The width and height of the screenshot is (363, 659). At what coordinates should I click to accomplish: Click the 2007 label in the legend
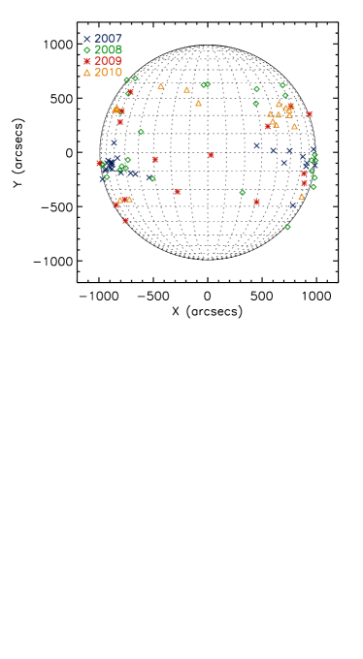point(108,39)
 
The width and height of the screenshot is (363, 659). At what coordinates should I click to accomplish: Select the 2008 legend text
point(108,49)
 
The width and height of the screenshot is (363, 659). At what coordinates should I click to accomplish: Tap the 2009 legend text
point(108,61)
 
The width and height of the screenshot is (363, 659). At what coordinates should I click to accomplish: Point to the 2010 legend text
point(108,73)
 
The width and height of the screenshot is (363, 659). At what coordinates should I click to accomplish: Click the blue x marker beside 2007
point(86,39)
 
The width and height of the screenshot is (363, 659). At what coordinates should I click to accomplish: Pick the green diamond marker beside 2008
point(86,50)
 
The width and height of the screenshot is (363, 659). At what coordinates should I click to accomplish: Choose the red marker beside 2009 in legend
point(86,61)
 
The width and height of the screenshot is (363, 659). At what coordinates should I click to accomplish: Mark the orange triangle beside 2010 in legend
point(86,73)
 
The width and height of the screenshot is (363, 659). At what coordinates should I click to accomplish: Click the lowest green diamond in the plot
point(287,227)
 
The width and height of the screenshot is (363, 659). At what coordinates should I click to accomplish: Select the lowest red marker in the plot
point(125,221)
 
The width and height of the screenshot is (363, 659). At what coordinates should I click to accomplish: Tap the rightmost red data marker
point(310,114)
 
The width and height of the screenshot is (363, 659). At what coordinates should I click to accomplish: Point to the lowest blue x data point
point(292,205)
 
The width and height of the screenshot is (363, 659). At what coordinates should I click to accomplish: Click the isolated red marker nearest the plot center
point(211,155)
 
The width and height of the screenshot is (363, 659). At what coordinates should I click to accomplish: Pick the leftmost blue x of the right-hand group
point(256,146)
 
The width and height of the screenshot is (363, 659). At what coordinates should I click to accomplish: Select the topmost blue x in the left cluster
point(114,142)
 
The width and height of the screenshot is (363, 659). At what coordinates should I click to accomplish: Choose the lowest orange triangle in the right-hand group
point(301,197)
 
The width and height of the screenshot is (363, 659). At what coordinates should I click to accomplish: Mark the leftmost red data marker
point(99,164)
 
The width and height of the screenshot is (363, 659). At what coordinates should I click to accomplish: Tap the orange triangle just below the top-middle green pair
point(198,103)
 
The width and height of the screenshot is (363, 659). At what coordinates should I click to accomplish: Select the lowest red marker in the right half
point(256,202)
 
